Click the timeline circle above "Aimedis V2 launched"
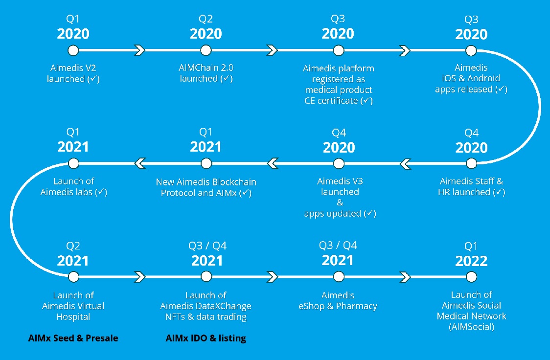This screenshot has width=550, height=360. tap(73, 50)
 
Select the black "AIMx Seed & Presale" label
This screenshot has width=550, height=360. tap(73, 338)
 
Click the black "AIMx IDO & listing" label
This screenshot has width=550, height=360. tap(206, 338)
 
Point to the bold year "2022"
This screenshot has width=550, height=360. tap(471, 261)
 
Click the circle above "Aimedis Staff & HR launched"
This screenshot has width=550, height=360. tap(471, 163)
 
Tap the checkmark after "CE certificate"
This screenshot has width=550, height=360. tap(367, 100)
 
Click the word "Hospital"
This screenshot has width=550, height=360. tap(73, 317)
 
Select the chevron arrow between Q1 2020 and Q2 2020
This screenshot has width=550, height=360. tap(139, 50)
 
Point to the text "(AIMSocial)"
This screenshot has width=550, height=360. tap(471, 327)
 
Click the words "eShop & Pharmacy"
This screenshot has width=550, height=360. tap(338, 306)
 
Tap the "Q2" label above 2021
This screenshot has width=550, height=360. tap(73, 246)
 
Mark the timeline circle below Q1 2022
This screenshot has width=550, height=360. tap(471, 277)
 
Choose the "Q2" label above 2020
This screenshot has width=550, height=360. tap(206, 19)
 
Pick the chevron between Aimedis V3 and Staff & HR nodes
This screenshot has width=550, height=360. tap(405, 164)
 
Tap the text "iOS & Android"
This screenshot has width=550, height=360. tap(471, 78)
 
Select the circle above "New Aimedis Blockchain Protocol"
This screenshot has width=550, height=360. tap(206, 163)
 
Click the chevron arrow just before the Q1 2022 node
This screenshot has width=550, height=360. tap(405, 277)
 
